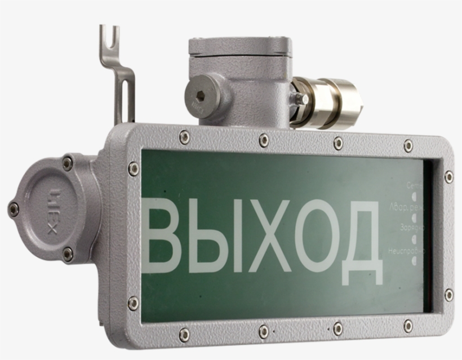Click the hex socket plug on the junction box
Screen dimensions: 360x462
(201, 96)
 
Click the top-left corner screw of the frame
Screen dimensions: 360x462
(133, 167)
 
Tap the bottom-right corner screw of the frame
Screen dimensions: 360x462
(448, 295)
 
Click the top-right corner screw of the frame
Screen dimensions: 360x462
(448, 177)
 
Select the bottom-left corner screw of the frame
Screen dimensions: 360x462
(133, 303)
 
